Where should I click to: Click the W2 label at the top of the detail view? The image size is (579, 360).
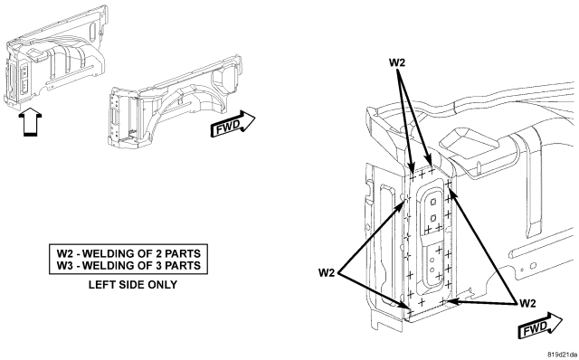point(397,62)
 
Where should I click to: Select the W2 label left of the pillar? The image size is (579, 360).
point(327,273)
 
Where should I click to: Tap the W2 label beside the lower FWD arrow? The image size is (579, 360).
point(527,304)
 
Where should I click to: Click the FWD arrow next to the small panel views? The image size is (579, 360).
point(233,124)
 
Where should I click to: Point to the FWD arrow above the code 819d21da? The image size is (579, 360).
point(540,326)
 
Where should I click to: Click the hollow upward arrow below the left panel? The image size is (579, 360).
point(30,121)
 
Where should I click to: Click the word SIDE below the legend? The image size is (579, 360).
point(131,285)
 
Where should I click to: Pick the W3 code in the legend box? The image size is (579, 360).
point(65,265)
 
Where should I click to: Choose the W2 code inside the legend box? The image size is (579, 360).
point(65,253)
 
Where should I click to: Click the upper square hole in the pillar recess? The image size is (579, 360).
point(433,202)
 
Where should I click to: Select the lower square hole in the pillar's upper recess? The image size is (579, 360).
point(433,217)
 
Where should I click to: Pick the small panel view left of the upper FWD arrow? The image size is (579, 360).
point(175,102)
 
